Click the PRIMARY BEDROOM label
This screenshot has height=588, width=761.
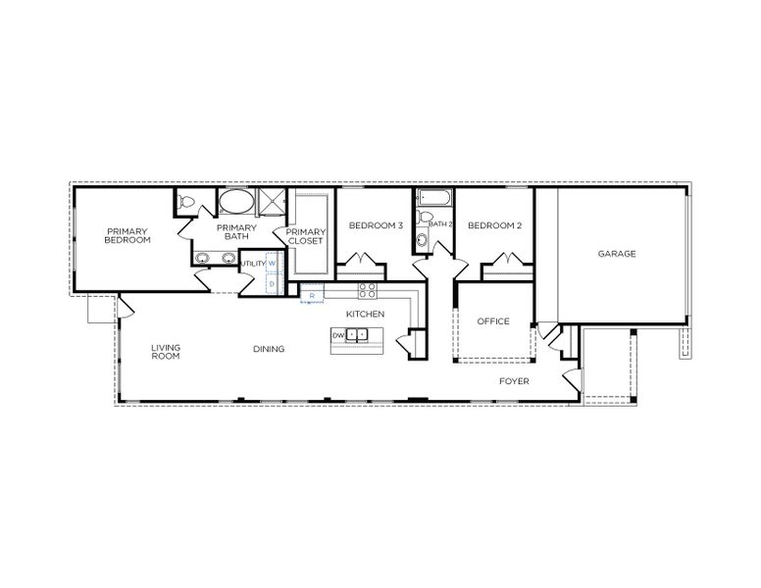[127, 235]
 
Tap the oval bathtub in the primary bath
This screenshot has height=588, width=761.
[235, 202]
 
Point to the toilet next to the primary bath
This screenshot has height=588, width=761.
[189, 202]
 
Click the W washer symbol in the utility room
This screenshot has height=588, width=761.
[273, 264]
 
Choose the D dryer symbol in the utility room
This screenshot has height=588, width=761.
[273, 283]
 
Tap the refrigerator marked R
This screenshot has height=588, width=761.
[312, 294]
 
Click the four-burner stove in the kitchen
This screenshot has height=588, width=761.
[368, 290]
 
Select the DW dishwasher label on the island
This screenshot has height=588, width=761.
[338, 335]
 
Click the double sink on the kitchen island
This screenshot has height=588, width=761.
[357, 335]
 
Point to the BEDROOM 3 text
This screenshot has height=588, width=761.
[376, 225]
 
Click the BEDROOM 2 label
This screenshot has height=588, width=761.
[494, 225]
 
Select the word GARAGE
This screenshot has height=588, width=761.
[617, 254]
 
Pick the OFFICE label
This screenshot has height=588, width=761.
[493, 321]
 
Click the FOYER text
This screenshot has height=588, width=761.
[514, 380]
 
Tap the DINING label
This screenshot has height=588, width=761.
[269, 349]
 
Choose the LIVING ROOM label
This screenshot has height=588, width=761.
[166, 352]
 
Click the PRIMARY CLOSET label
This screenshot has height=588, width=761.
[305, 236]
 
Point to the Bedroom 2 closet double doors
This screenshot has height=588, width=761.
[507, 261]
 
